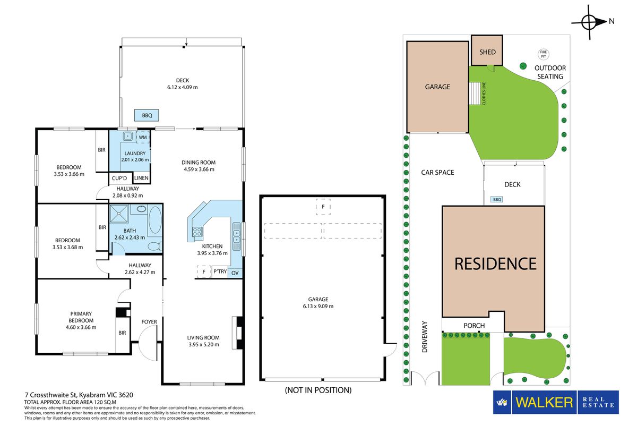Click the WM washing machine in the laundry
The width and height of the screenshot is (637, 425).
click(x=143, y=137)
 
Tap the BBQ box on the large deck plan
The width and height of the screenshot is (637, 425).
click(x=147, y=115)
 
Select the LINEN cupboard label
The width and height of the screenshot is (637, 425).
click(x=141, y=178)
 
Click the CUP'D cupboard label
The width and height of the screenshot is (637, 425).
click(x=119, y=178)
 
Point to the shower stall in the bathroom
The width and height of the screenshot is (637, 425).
click(x=119, y=214)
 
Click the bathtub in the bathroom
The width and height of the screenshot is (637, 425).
click(x=155, y=220)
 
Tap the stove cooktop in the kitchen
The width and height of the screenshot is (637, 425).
click(x=197, y=232)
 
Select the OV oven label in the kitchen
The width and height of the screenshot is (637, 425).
click(x=235, y=273)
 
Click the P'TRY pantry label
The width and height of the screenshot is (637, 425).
click(x=220, y=271)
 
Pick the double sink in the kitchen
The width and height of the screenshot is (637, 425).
click(x=237, y=236)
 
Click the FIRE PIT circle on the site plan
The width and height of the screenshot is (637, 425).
click(x=544, y=54)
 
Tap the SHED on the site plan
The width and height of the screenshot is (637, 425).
click(x=487, y=50)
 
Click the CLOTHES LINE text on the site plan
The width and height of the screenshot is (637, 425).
click(x=484, y=93)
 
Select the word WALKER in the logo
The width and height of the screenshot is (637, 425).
click(x=544, y=402)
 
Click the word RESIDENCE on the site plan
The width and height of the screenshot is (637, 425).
click(x=495, y=263)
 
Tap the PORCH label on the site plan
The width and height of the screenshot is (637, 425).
click(x=474, y=325)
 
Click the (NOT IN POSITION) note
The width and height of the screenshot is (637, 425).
click(x=318, y=390)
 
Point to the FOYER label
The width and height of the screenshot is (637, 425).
click(x=149, y=321)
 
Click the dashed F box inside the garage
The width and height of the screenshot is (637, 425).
click(x=323, y=207)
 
